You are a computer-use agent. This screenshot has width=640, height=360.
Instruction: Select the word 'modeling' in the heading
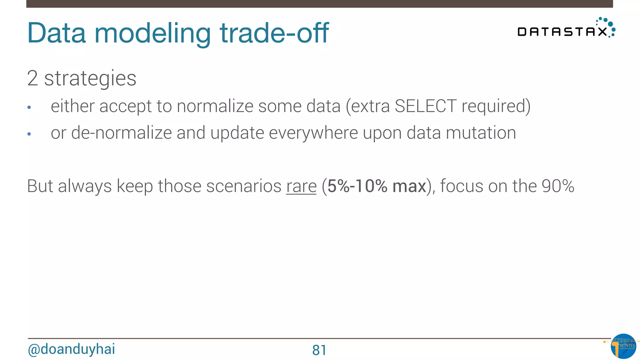pyautogui.click(x=152, y=34)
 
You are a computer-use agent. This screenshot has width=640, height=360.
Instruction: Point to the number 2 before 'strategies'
pyautogui.click(x=32, y=78)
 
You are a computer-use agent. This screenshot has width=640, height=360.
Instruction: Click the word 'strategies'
pyautogui.click(x=90, y=79)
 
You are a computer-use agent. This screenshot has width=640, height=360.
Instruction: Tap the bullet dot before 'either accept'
pyautogui.click(x=29, y=107)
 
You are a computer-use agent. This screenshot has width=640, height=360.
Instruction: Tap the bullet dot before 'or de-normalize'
pyautogui.click(x=29, y=134)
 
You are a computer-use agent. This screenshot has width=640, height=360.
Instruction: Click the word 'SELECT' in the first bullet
pyautogui.click(x=425, y=106)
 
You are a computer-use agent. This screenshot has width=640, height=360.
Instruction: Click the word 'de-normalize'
pyautogui.click(x=121, y=133)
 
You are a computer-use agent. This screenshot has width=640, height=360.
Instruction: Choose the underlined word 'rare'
pyautogui.click(x=301, y=186)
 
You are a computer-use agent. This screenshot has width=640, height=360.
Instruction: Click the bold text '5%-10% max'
pyautogui.click(x=377, y=186)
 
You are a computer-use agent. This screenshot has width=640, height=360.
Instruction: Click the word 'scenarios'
pyautogui.click(x=244, y=186)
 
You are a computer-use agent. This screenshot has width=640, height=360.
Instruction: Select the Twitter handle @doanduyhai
pyautogui.click(x=72, y=349)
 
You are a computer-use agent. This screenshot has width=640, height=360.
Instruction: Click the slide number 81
pyautogui.click(x=319, y=350)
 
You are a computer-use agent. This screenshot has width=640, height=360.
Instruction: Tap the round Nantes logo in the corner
pyautogui.click(x=623, y=346)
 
